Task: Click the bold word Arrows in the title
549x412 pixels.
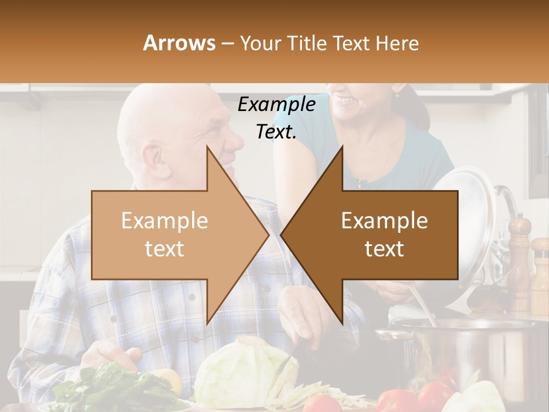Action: tap(179, 43)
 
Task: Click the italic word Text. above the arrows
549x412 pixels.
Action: tap(276, 132)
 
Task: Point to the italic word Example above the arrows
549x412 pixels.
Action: tap(276, 105)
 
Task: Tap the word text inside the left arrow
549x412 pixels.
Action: tap(164, 249)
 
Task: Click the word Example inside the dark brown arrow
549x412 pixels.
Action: tap(384, 220)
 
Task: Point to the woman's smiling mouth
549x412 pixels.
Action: tap(344, 101)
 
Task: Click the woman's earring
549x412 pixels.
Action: tap(396, 93)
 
